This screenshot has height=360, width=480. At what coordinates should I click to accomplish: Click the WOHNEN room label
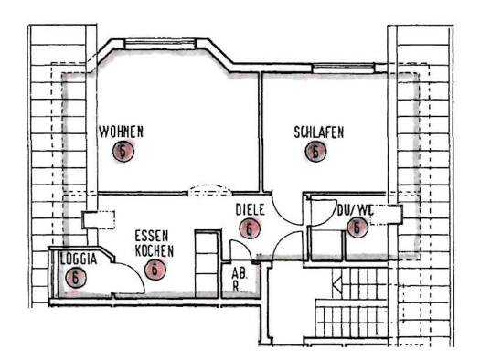[122, 132]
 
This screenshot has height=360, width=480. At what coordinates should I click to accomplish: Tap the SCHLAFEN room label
[319, 132]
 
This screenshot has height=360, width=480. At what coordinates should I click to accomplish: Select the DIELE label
[250, 210]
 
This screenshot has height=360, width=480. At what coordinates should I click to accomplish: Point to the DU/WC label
[355, 210]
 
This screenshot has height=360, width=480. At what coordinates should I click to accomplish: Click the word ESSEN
[152, 236]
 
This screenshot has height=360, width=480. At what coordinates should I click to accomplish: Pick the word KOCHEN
[155, 250]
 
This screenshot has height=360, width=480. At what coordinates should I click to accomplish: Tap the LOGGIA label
[79, 259]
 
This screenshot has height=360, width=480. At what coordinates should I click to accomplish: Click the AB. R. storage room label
[240, 280]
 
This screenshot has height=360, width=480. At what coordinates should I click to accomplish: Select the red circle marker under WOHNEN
[123, 151]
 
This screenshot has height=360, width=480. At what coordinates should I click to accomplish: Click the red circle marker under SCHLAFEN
[316, 151]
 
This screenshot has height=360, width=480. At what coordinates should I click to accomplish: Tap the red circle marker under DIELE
[250, 228]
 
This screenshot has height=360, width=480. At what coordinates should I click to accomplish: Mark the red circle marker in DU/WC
[357, 228]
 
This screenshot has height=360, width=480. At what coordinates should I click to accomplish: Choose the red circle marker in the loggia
[76, 278]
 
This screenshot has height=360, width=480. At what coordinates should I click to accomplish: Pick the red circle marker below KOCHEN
[155, 270]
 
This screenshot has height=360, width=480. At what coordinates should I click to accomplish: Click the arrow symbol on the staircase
[336, 285]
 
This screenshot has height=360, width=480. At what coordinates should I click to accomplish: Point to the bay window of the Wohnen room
[160, 44]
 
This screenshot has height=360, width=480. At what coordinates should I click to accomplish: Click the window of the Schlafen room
[343, 69]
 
